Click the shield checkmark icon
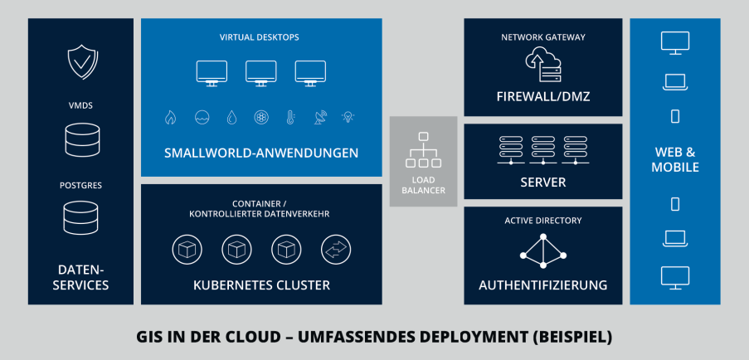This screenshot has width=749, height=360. click(x=80, y=61)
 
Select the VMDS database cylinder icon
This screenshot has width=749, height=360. click(x=80, y=139)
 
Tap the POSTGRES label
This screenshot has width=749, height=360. click(x=80, y=185)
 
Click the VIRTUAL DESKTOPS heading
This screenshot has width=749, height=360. click(x=260, y=37)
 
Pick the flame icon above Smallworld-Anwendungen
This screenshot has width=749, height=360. click(x=170, y=118)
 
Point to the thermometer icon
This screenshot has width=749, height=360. click(x=290, y=118)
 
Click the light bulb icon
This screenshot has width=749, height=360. click(x=349, y=118)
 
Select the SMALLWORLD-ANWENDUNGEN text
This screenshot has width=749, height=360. click(x=261, y=153)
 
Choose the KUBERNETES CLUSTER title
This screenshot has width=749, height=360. click(x=261, y=285)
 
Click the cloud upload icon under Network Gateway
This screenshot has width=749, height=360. click(x=543, y=64)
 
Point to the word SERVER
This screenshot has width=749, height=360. click(x=543, y=182)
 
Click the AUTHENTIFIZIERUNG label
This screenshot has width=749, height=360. click(x=543, y=285)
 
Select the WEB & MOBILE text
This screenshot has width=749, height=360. click(x=675, y=160)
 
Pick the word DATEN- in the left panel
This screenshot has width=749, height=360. click(x=80, y=270)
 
